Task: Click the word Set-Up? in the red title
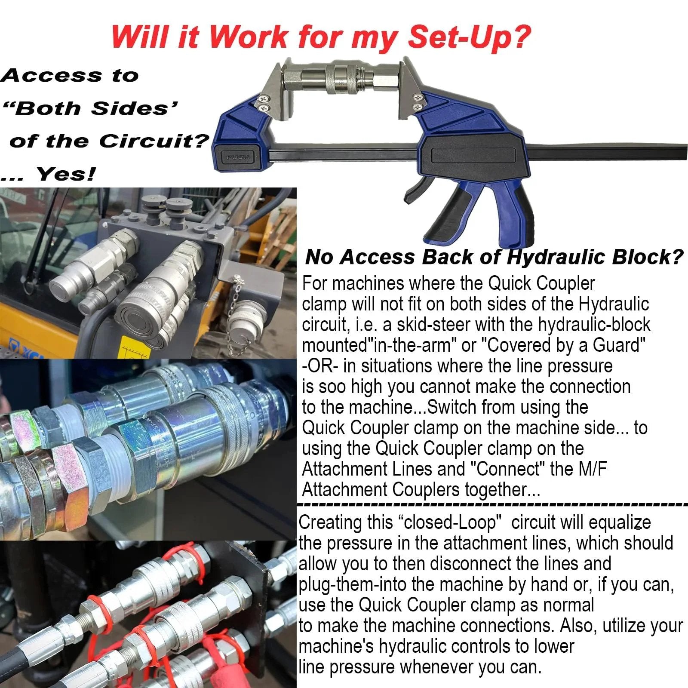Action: pyautogui.click(x=469, y=37)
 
